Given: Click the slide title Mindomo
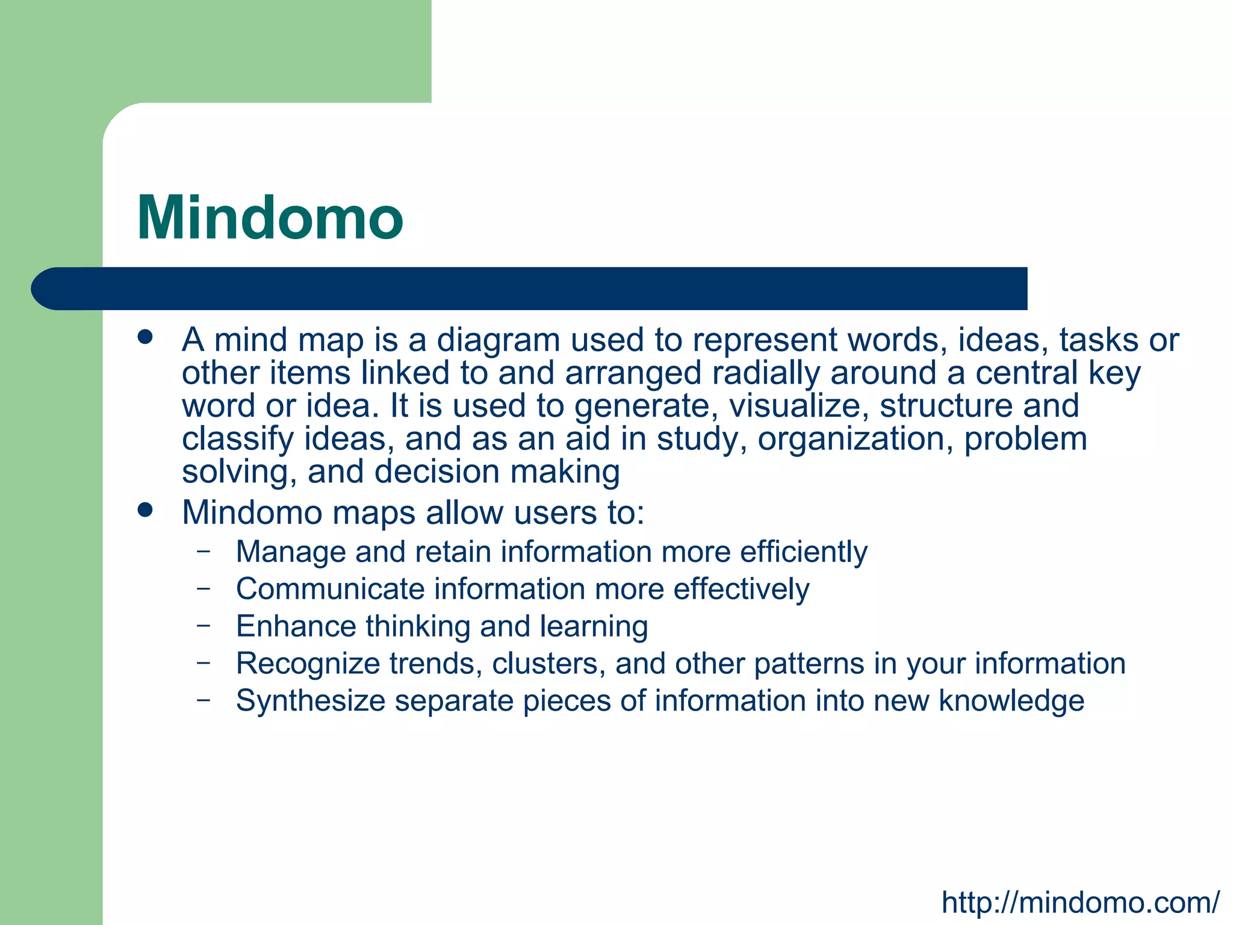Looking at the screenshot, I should (270, 218).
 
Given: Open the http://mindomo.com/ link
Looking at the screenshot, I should (1080, 902).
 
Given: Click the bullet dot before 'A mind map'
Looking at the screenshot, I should (144, 337).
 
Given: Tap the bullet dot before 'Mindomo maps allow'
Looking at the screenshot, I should (144, 510).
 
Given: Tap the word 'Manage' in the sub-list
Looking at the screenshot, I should (291, 552).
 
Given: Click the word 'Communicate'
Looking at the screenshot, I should (330, 589).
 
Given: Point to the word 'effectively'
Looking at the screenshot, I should (741, 589).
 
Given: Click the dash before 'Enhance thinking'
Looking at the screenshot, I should (203, 625).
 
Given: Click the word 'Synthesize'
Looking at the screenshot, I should (310, 701).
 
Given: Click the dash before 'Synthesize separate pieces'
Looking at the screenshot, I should (203, 700).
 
